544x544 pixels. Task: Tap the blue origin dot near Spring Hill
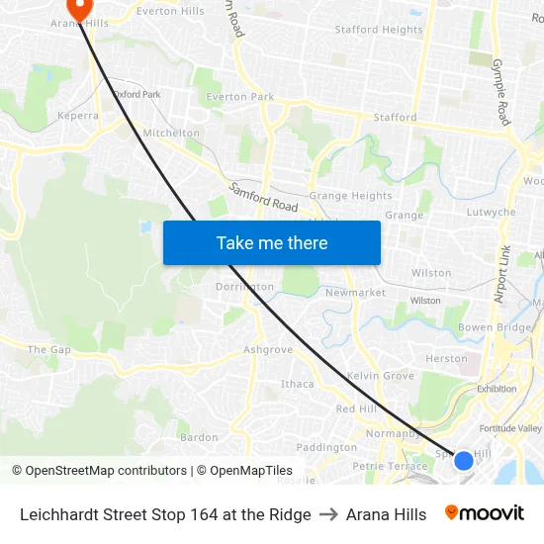tap(463, 460)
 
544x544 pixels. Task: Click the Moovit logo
tap(485, 513)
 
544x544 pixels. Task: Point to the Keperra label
tap(79, 116)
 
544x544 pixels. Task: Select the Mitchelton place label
tap(171, 133)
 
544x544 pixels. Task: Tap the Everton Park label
tap(239, 97)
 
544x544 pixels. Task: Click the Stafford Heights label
tap(379, 30)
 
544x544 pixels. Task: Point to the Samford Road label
tap(263, 197)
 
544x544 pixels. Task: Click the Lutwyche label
tap(491, 213)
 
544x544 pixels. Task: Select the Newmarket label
tap(355, 293)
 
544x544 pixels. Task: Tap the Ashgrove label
tap(268, 349)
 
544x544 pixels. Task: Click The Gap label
tap(49, 349)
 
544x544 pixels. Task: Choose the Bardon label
tap(199, 437)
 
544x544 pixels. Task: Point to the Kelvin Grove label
tap(381, 376)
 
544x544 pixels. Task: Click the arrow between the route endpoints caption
tap(328, 514)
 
